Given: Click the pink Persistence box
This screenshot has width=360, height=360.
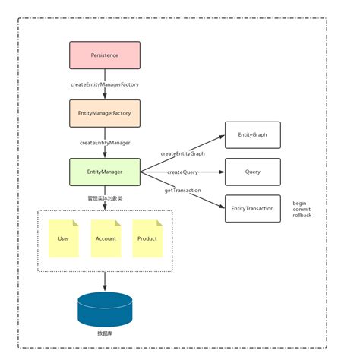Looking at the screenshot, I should (x=105, y=55).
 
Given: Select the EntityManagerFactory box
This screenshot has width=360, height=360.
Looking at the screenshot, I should (x=105, y=113).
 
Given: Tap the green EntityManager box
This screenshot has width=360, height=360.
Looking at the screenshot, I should (x=105, y=172).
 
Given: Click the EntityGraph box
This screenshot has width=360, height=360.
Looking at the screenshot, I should (x=252, y=135).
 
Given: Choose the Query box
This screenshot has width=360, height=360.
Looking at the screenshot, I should (x=252, y=172).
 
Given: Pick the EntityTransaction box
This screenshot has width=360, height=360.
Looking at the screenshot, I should (x=252, y=208).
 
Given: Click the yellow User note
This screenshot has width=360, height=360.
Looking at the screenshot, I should (x=63, y=238).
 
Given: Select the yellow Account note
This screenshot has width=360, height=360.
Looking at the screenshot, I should (x=106, y=238).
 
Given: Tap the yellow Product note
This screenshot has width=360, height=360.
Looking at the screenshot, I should (x=147, y=238).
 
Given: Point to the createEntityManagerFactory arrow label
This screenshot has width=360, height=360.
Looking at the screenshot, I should (x=105, y=84).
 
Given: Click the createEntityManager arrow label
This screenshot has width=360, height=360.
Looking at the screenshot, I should (x=105, y=142).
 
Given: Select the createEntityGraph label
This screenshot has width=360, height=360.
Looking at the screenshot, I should (x=182, y=153).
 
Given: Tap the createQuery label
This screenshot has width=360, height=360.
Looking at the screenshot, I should (x=183, y=172).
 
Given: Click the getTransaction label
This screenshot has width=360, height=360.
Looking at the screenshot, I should (x=182, y=190).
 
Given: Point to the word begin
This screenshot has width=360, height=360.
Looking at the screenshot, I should (x=301, y=202).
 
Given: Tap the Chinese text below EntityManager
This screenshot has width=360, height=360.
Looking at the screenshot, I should (x=105, y=197).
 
